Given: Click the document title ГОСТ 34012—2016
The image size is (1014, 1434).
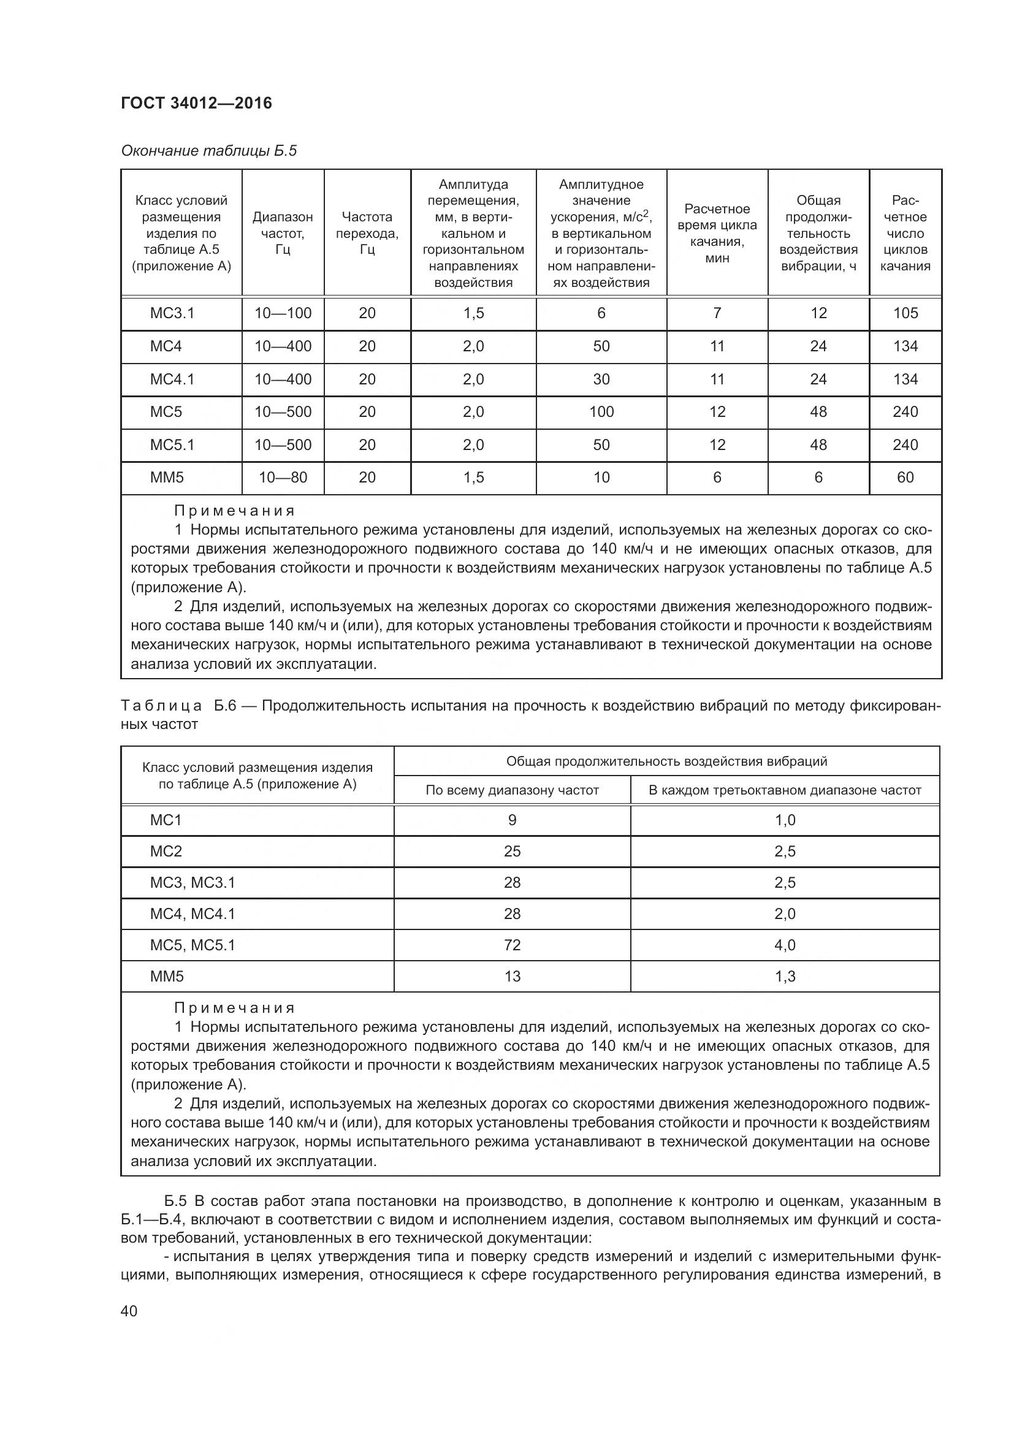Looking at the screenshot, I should coord(196,103).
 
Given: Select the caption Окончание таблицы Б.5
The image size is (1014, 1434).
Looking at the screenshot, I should coord(208,151).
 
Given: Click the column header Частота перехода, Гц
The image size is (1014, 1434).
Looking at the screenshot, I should coord(367,233).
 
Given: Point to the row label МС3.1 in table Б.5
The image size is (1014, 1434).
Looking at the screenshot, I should coord(172,313).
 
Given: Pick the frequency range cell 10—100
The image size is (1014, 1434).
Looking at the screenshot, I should coord(283,313).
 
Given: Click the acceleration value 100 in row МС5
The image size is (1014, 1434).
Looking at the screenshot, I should coord(601,411).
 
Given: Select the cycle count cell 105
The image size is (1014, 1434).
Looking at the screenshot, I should coord(905,313).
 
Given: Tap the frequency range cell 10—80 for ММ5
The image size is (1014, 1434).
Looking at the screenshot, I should coord(283,477).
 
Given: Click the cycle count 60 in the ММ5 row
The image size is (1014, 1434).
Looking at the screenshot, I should coord(905,477).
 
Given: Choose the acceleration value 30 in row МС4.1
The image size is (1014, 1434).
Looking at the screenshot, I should coord(601,379).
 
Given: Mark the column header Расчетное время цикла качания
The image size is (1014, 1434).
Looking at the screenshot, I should coord(717,233).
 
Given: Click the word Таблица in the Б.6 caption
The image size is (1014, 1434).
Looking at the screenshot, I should coord(161,706).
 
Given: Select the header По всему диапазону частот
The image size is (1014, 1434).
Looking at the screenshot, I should coord(512,790).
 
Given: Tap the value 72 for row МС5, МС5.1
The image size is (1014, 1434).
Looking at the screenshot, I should coord(512,945).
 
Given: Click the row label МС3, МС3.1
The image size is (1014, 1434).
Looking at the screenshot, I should coord(193,882).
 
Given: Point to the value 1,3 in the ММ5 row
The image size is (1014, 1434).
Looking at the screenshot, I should coord(785,976).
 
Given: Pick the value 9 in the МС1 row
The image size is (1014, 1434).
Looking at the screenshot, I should coord(512,820).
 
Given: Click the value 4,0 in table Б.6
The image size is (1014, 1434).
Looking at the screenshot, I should coord(785,945).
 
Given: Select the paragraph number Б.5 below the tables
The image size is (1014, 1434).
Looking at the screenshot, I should coord(175,1201).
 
